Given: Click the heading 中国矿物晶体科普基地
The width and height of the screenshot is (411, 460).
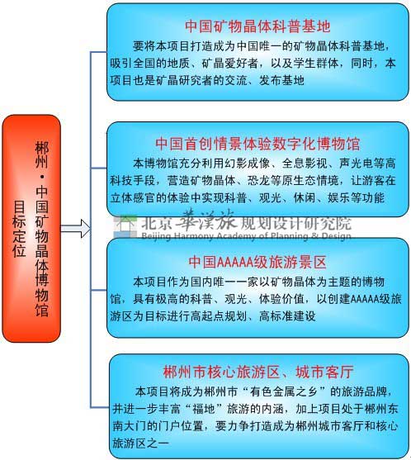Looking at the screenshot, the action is [x=257, y=26].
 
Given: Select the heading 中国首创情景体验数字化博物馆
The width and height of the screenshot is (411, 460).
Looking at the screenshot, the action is [x=257, y=144].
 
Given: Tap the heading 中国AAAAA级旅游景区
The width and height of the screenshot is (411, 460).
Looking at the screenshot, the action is [x=257, y=262].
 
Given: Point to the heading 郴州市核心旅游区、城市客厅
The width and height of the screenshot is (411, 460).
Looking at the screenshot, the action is [x=258, y=372].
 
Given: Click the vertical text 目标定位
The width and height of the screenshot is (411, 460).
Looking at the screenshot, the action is [x=19, y=229].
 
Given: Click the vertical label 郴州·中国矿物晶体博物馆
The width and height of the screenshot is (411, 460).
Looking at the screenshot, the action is [x=42, y=229].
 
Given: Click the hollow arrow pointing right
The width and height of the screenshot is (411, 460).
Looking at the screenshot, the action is [x=76, y=229].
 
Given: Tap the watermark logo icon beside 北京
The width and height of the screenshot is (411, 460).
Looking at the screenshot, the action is [x=125, y=227].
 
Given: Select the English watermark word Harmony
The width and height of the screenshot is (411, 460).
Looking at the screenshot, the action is [x=194, y=236].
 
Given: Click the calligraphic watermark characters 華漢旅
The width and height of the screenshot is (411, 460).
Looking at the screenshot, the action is [x=205, y=220].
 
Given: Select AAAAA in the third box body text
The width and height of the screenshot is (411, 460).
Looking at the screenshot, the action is [x=365, y=299].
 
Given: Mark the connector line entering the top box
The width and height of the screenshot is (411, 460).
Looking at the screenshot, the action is [x=99, y=52].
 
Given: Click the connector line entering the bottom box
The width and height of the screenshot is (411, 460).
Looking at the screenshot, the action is [x=100, y=407].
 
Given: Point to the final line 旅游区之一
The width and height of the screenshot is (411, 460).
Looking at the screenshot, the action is [x=140, y=443].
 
